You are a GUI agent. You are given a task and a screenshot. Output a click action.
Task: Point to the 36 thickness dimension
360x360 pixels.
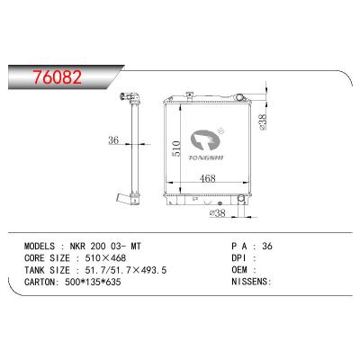114,139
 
